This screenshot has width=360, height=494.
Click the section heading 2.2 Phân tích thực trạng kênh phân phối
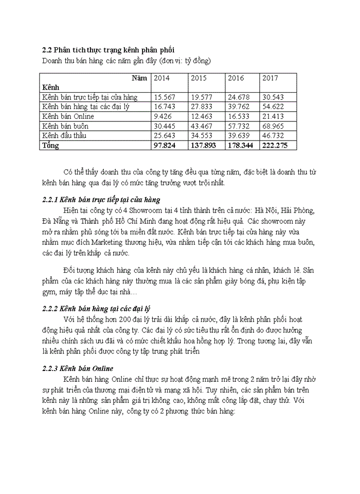108,50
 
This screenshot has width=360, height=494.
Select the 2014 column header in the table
161,78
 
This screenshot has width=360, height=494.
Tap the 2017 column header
270,78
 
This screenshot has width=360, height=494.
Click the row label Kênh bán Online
68,116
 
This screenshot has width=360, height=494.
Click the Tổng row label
50,146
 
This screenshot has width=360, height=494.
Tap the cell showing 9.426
163,116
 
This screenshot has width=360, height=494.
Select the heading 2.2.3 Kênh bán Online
77,368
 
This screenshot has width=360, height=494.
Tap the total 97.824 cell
165,146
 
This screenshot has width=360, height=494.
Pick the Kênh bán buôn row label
65,126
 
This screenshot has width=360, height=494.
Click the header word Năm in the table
138,78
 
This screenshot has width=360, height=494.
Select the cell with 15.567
165,97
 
